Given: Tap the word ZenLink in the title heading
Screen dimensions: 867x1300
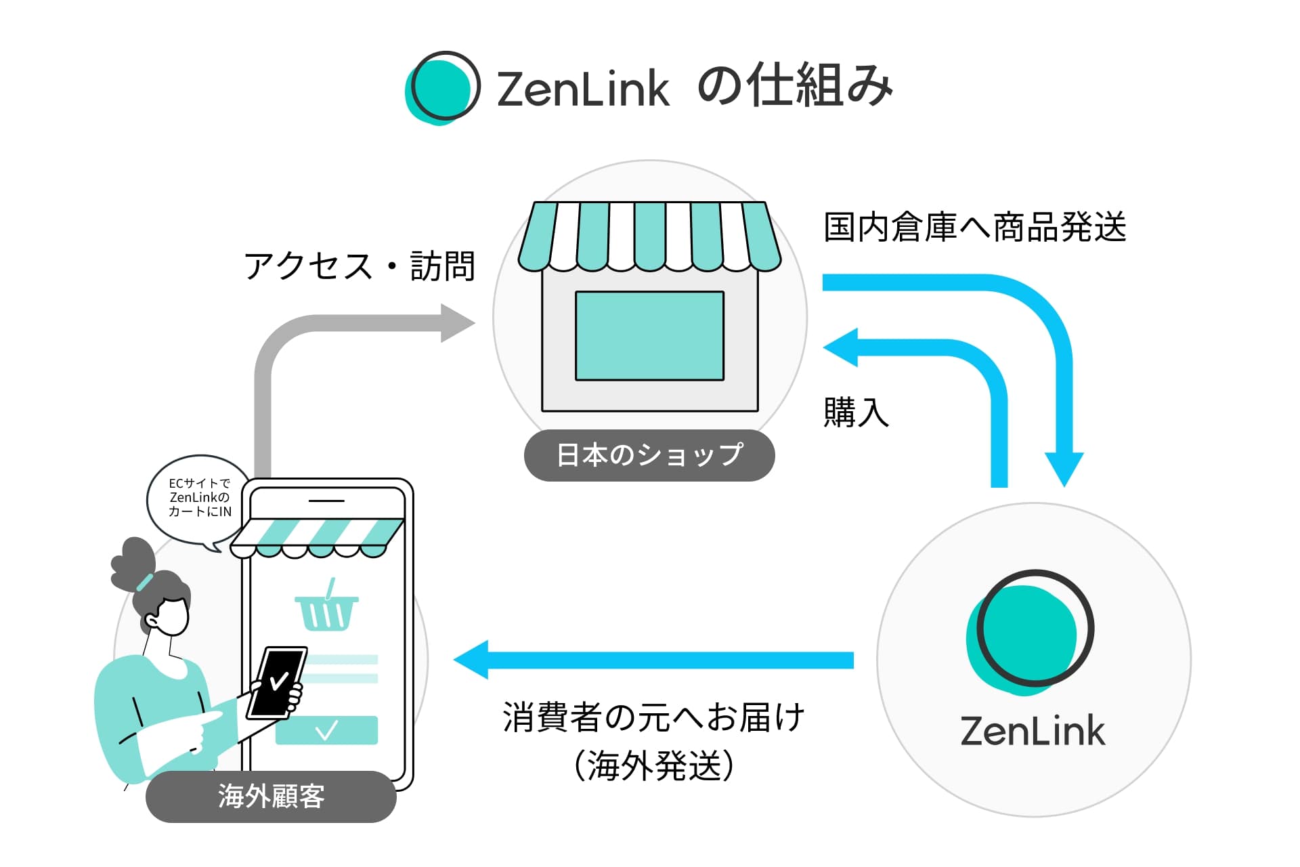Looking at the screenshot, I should [583, 89].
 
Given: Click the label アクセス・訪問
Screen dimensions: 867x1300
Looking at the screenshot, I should [360, 266].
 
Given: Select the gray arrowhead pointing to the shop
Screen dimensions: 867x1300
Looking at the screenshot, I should [458, 323].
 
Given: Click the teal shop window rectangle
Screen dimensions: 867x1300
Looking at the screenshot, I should [649, 336].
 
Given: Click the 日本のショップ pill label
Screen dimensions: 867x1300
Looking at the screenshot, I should [649, 455].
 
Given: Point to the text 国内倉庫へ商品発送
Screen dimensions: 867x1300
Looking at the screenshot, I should [974, 228].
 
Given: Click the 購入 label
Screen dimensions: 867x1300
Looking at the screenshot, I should [856, 413].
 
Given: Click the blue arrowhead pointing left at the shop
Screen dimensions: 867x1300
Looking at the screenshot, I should [840, 347].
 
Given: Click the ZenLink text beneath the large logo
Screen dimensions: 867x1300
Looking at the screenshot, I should [1033, 732].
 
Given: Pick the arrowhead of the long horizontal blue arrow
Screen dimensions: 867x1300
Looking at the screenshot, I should [471, 660].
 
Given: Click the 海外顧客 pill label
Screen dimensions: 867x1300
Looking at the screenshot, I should [271, 797].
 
